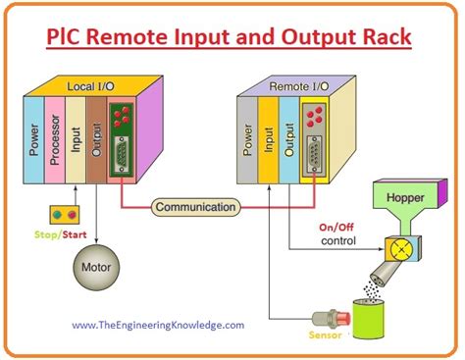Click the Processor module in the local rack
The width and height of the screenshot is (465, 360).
point(55,137)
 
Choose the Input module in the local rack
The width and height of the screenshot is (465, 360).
point(76,137)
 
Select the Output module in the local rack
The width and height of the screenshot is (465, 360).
point(96,137)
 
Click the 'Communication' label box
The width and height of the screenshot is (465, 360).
point(195,207)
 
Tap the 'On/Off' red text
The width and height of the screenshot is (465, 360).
point(334,228)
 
